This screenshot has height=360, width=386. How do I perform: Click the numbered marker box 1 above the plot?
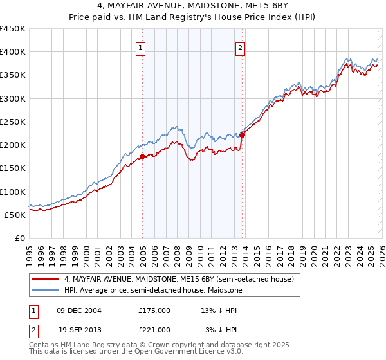point(140,47)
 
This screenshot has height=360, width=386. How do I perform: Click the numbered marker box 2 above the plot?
point(240,47)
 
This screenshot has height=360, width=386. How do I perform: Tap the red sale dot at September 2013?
point(243,135)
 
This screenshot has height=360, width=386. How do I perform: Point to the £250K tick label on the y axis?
point(13,122)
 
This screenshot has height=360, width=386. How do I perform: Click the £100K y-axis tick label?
point(13,192)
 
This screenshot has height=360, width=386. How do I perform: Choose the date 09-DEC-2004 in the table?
point(79,310)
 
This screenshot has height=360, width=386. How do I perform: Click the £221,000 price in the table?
point(154,330)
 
